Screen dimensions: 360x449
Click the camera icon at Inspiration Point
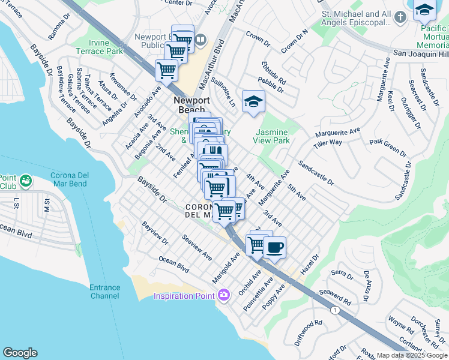[x=224, y=295]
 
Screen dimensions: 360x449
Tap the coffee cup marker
[x=274, y=248]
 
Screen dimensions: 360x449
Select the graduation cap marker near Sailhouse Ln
[x=254, y=101]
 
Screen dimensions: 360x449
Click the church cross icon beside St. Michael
[x=401, y=18]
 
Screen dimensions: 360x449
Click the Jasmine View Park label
[x=273, y=136]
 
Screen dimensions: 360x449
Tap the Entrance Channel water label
[x=104, y=292]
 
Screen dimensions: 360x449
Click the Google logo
[x=20, y=353]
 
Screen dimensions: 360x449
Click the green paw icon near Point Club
[x=26, y=180]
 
